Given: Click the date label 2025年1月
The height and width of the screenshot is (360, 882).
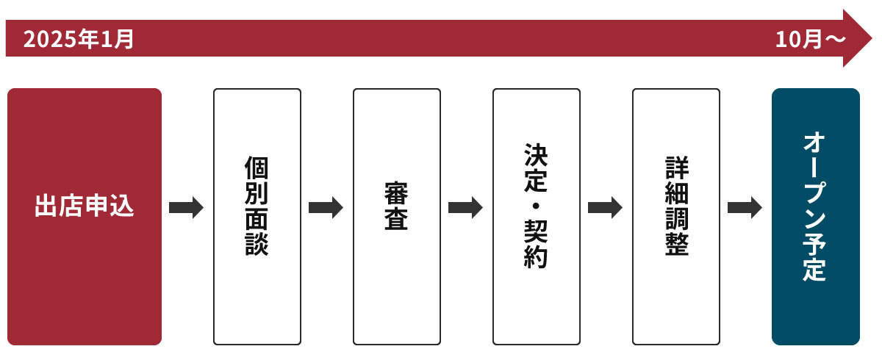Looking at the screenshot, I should coord(79,39).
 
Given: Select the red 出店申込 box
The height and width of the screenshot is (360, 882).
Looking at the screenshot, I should coord(85,217).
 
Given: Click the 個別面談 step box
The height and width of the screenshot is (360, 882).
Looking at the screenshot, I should coord(257,217).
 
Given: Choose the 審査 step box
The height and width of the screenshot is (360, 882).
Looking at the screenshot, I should coord(397,217).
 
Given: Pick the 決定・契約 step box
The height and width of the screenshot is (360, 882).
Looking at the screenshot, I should coord(537,217).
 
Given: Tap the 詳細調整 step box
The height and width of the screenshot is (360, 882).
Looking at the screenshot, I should coord(676,217).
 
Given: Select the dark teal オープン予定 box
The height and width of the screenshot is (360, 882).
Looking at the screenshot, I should coord(816,217).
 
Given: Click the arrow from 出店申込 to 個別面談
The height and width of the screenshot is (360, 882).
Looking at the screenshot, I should coord(186,208).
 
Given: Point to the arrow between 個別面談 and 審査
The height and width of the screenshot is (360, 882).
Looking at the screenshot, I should coord(326,208).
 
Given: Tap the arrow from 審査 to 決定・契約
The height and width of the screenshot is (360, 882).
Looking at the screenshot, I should coord(465,208).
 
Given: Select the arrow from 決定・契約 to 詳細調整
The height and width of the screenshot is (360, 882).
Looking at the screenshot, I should coord(605,208).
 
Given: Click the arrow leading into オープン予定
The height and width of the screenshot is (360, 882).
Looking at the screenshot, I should coord(745,208).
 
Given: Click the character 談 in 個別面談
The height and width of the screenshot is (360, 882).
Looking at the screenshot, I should coord(257,245).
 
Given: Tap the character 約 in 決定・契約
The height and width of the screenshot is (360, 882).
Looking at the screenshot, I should coord(537,257).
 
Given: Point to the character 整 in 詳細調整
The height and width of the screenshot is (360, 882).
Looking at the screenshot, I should coord(676,245).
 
